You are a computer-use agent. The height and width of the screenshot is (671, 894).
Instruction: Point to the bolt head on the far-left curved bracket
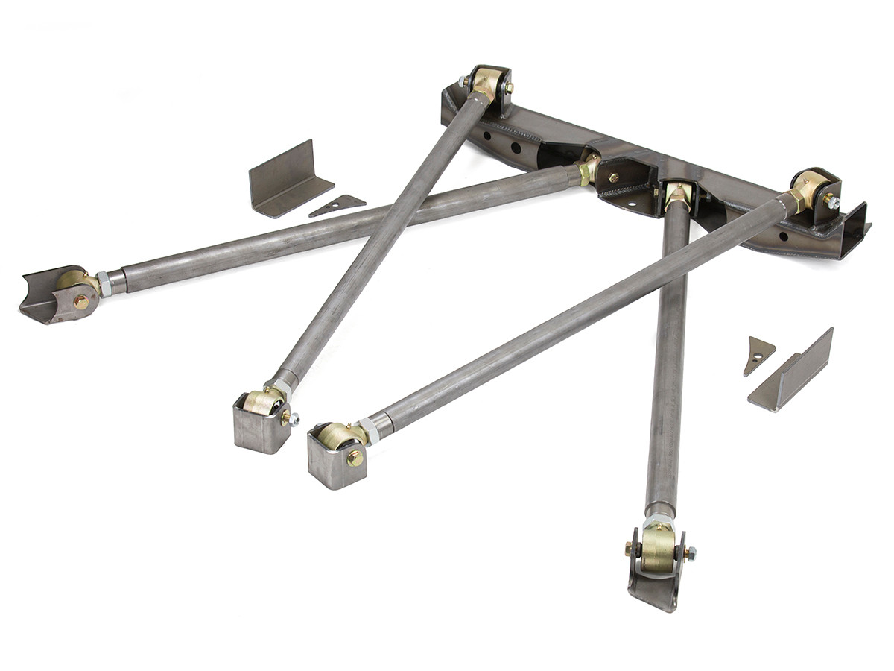(80, 302)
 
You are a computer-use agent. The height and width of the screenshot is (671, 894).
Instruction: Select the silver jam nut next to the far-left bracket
(105, 283)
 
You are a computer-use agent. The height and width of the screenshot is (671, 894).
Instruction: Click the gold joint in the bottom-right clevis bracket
(658, 548)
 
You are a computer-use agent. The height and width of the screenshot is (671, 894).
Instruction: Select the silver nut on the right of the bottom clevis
(690, 554)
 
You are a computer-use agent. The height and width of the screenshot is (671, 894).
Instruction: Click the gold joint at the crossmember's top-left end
(488, 84)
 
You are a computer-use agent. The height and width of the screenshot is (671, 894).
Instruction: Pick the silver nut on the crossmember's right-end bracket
(832, 201)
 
